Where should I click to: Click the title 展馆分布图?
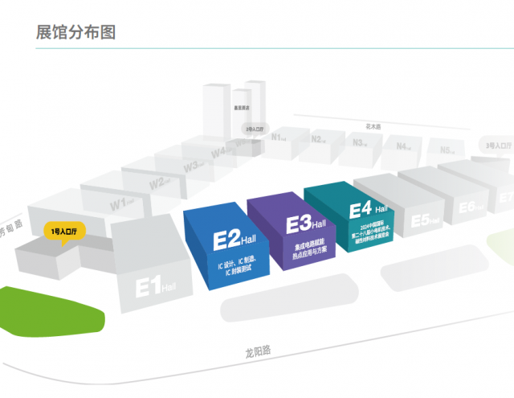coord(76,32)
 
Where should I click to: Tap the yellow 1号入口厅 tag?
coord(63,232)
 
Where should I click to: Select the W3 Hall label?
coord(193,166)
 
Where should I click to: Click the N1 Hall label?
coord(280,137)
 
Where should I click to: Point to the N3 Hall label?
coord(361,143)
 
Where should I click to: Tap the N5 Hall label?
coord(448,150)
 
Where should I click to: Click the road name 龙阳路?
coord(259,351)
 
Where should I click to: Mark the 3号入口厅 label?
coord(498,145)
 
